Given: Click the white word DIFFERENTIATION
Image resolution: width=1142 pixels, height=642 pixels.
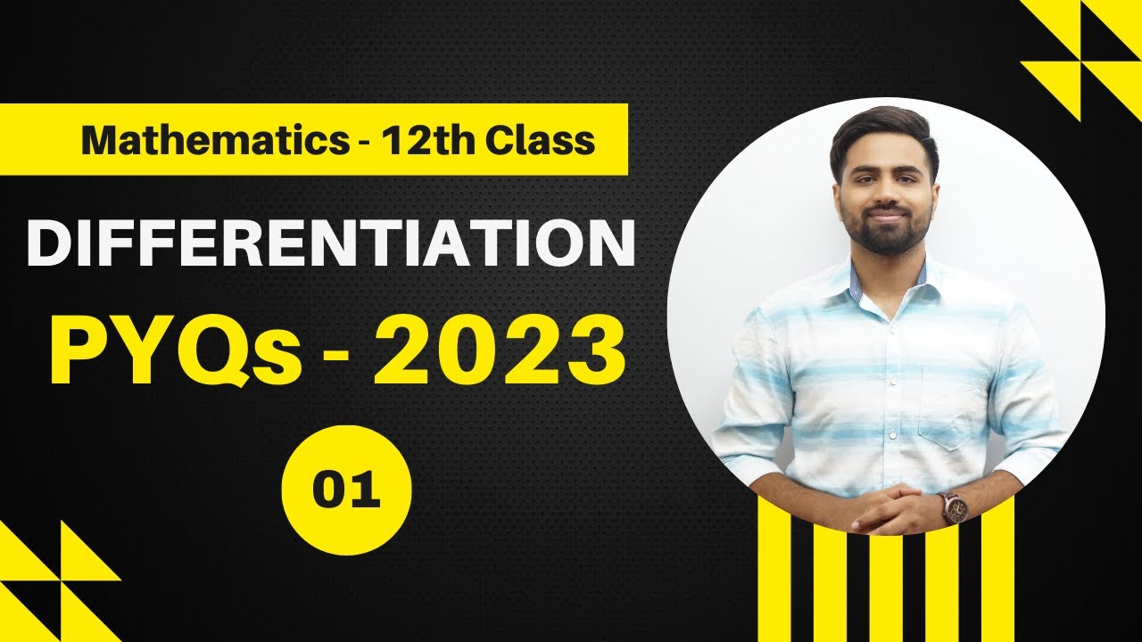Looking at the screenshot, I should point(330,243).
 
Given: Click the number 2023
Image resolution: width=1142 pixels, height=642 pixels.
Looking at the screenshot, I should point(499,354).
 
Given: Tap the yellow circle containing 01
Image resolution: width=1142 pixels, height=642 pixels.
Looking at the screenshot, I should point(346,491).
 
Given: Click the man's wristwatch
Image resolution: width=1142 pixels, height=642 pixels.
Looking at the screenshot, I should point(954,506).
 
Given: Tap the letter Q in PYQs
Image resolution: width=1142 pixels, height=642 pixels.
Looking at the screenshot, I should point(201,356).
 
